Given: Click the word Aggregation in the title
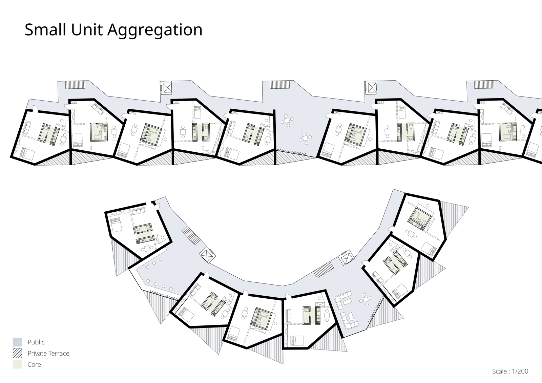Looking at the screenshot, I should pos(155,30).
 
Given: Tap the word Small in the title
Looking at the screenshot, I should pos(45,30).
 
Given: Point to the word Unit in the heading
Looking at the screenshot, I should pos(88,30).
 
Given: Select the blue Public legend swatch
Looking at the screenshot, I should pos(17,342).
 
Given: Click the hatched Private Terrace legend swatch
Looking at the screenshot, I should pos(17,353).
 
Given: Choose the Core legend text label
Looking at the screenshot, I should pos(34,365).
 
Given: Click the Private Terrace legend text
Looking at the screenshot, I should pos(48,354).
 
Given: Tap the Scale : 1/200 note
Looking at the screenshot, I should pos(510,371).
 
